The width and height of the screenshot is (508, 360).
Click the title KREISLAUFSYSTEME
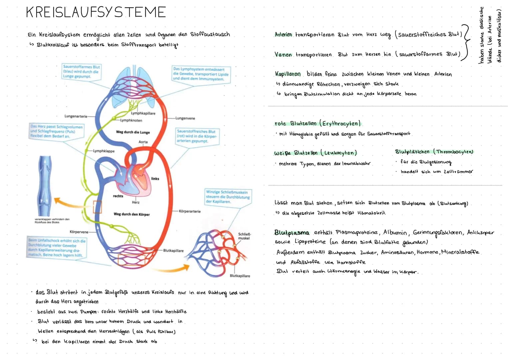pyautogui.click(x=96, y=12)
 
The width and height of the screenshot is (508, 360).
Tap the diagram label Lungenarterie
pyautogui.click(x=76, y=116)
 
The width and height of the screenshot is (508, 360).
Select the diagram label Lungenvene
pyautogui.click(x=185, y=118)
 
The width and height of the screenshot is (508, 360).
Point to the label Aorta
pyautogui.click(x=143, y=142)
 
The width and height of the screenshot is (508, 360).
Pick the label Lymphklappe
pyautogui.click(x=104, y=151)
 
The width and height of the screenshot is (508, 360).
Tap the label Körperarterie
pyautogui.click(x=190, y=211)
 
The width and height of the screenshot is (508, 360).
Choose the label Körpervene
pyautogui.click(x=79, y=232)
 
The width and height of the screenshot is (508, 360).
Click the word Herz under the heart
pyautogui.click(x=136, y=202)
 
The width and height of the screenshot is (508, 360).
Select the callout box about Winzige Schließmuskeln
pyautogui.click(x=228, y=197)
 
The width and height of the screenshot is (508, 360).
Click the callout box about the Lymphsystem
pyautogui.click(x=201, y=74)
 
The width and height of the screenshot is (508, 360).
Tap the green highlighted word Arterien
pyautogui.click(x=283, y=35)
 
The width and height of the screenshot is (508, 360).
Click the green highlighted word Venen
pyautogui.click(x=283, y=55)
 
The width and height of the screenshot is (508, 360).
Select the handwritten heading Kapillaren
pyautogui.click(x=288, y=74)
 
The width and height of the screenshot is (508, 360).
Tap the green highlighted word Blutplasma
pyautogui.click(x=291, y=233)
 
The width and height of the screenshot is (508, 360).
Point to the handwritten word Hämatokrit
pyautogui.click(x=371, y=213)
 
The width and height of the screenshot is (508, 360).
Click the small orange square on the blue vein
pyautogui.click(x=97, y=207)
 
